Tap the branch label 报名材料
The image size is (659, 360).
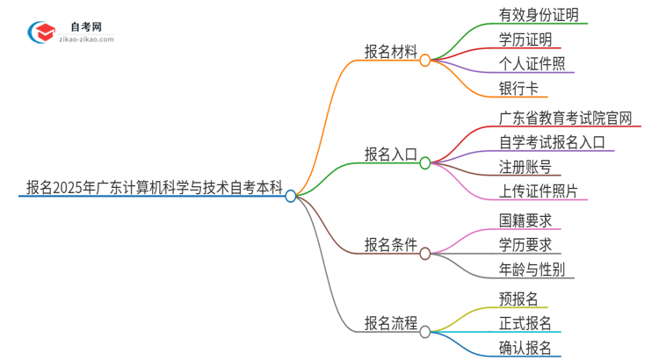tap(391, 50)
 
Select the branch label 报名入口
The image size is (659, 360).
tap(391, 155)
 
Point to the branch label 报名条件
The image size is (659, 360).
tap(391, 245)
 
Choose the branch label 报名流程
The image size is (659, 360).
tap(391, 322)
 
